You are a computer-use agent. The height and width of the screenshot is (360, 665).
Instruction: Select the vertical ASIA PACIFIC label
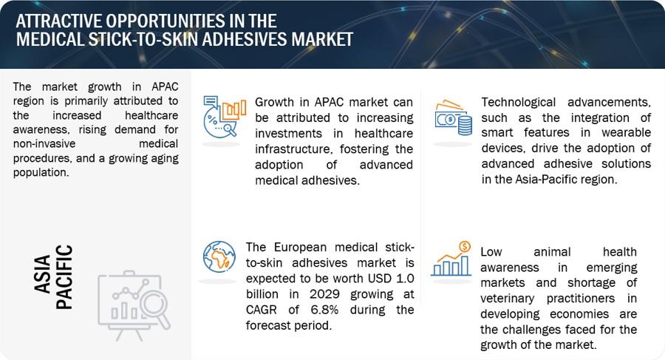53,276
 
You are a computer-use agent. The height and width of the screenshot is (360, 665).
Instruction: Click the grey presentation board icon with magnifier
134,305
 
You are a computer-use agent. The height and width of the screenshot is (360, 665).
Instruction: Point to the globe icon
219,257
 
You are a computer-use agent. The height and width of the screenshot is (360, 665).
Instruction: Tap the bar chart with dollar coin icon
451,259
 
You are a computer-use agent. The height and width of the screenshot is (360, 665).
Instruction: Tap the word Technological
518,102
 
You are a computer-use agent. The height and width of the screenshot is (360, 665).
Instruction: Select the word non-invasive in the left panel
44,143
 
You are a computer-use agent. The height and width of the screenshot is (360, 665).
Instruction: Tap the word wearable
626,132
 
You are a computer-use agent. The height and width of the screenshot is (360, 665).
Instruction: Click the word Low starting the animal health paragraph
491,252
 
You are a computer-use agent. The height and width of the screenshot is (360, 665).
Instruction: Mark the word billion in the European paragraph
262,294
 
